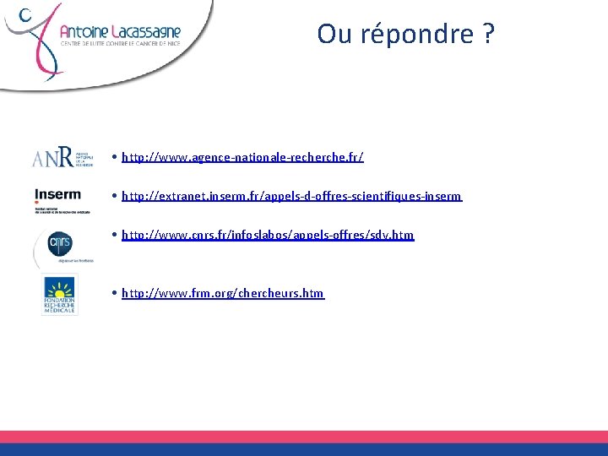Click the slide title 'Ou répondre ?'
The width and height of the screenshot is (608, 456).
click(405, 35)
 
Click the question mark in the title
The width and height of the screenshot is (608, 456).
click(488, 35)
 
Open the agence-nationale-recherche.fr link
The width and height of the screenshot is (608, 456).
click(242, 157)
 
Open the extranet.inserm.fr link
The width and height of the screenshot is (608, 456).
click(291, 196)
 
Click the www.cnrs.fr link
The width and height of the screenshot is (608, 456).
click(268, 235)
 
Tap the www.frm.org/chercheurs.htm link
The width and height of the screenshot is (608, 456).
click(222, 293)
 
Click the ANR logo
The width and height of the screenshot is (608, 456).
click(62, 157)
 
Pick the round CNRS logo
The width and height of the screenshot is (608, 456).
click(59, 245)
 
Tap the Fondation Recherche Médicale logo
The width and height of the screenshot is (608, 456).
click(59, 295)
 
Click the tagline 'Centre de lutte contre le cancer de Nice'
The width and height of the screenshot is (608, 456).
click(120, 46)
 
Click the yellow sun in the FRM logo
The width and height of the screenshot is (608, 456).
click(59, 285)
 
